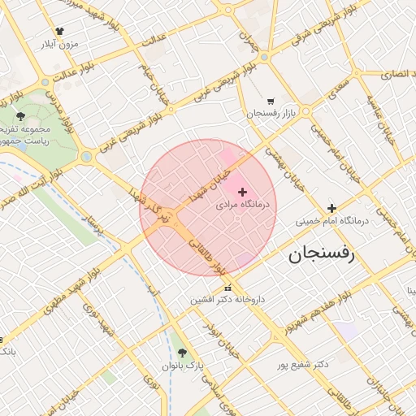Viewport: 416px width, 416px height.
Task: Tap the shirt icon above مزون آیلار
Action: click(x=61, y=31)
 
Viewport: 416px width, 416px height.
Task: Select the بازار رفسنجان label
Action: click(x=269, y=112)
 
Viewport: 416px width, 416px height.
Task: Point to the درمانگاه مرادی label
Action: click(x=245, y=206)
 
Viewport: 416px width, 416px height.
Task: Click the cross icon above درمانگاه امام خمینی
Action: click(x=331, y=208)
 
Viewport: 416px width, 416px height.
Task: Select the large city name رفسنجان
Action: click(x=322, y=254)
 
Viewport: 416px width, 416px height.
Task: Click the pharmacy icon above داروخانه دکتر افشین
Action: click(x=227, y=286)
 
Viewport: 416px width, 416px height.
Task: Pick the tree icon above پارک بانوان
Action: click(x=182, y=353)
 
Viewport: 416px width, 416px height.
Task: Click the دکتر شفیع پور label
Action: click(x=301, y=364)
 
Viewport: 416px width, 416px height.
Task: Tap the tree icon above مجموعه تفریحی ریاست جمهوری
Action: click(x=20, y=115)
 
